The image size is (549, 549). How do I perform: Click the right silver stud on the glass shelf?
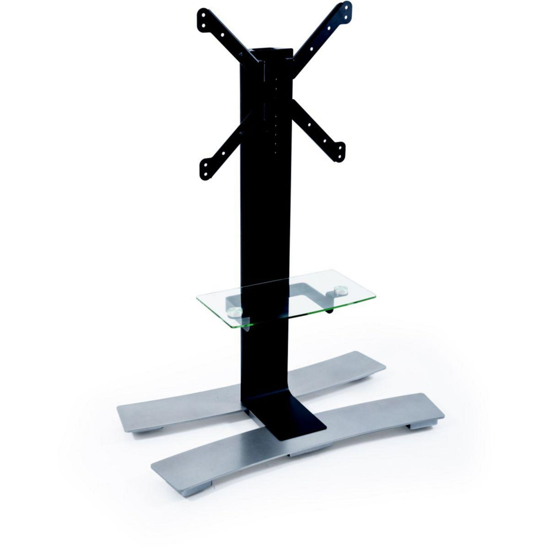point(340,290)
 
